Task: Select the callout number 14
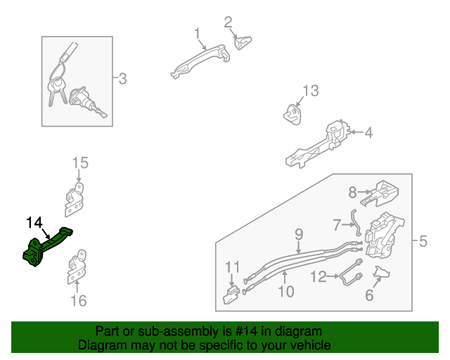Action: [x=34, y=222]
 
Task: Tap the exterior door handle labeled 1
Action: [x=201, y=60]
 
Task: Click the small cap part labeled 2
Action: [x=243, y=43]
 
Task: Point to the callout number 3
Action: [x=122, y=78]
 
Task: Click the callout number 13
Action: [x=311, y=91]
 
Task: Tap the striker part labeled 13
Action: [x=292, y=115]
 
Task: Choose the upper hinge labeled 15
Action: [x=75, y=200]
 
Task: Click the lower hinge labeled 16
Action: [x=77, y=267]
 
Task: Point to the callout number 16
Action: [x=79, y=300]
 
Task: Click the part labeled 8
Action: [x=380, y=193]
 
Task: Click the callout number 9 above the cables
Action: [x=299, y=234]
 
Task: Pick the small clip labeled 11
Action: [x=231, y=295]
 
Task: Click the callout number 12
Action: [x=319, y=277]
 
